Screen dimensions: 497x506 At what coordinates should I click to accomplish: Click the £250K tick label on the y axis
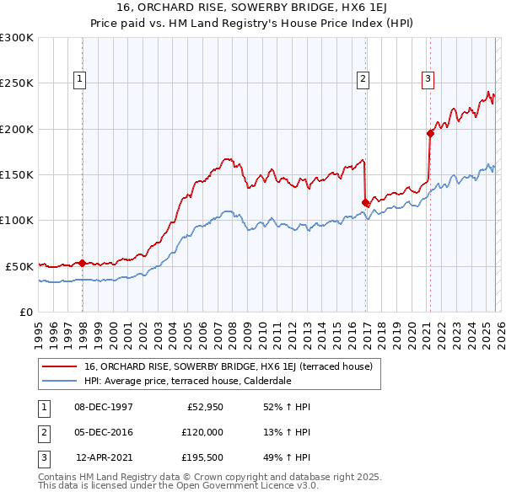point(17,83)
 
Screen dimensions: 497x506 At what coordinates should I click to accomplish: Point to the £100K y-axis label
point(17,220)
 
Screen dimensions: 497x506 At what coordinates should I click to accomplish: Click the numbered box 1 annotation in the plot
point(80,79)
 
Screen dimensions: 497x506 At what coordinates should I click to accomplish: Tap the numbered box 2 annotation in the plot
point(363,79)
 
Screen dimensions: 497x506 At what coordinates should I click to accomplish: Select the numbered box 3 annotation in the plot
point(428,79)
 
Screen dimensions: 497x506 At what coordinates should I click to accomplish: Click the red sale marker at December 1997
point(82,262)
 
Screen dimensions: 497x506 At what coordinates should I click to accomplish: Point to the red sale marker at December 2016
point(365,202)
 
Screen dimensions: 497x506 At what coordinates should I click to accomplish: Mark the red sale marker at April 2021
point(429,132)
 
